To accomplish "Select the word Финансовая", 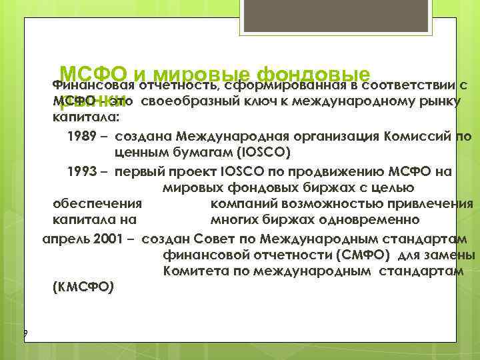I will pyautogui.click(x=93, y=85).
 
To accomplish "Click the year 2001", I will pyautogui.click(x=104, y=239).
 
